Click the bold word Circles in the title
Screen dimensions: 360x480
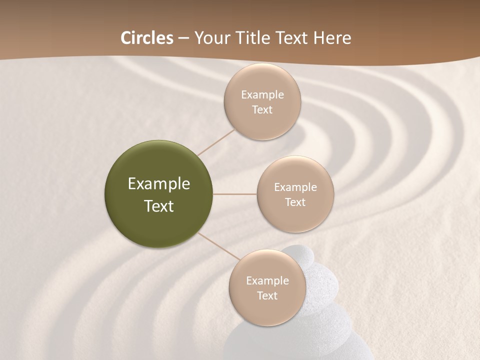coord(146,38)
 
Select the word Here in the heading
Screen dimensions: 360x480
coord(332,38)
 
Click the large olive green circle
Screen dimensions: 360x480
coord(159,194)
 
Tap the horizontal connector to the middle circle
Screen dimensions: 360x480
coord(234,194)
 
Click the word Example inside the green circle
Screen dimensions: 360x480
coord(159,184)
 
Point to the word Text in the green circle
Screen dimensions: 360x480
coord(159,206)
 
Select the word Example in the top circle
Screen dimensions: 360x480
coord(262,95)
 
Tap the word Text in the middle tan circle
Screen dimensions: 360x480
coord(295,202)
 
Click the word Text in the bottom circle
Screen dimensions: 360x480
coord(267,296)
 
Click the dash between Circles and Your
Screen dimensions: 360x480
coord(183,38)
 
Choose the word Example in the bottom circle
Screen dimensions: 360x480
coord(267,281)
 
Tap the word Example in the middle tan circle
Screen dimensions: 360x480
coord(295,187)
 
